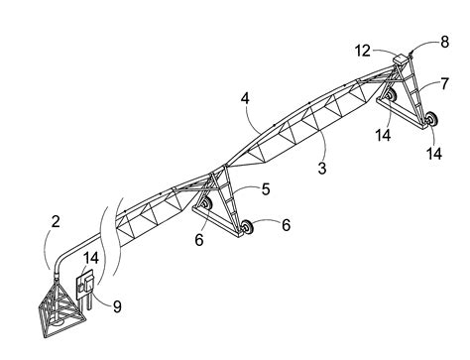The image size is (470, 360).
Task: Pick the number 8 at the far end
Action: pyautogui.click(x=443, y=43)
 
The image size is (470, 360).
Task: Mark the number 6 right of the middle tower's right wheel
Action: pyautogui.click(x=286, y=225)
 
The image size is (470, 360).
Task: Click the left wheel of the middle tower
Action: pyautogui.click(x=204, y=206)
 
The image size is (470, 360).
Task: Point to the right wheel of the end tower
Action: pyautogui.click(x=431, y=121)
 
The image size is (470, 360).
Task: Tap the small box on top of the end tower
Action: pyautogui.click(x=401, y=60)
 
